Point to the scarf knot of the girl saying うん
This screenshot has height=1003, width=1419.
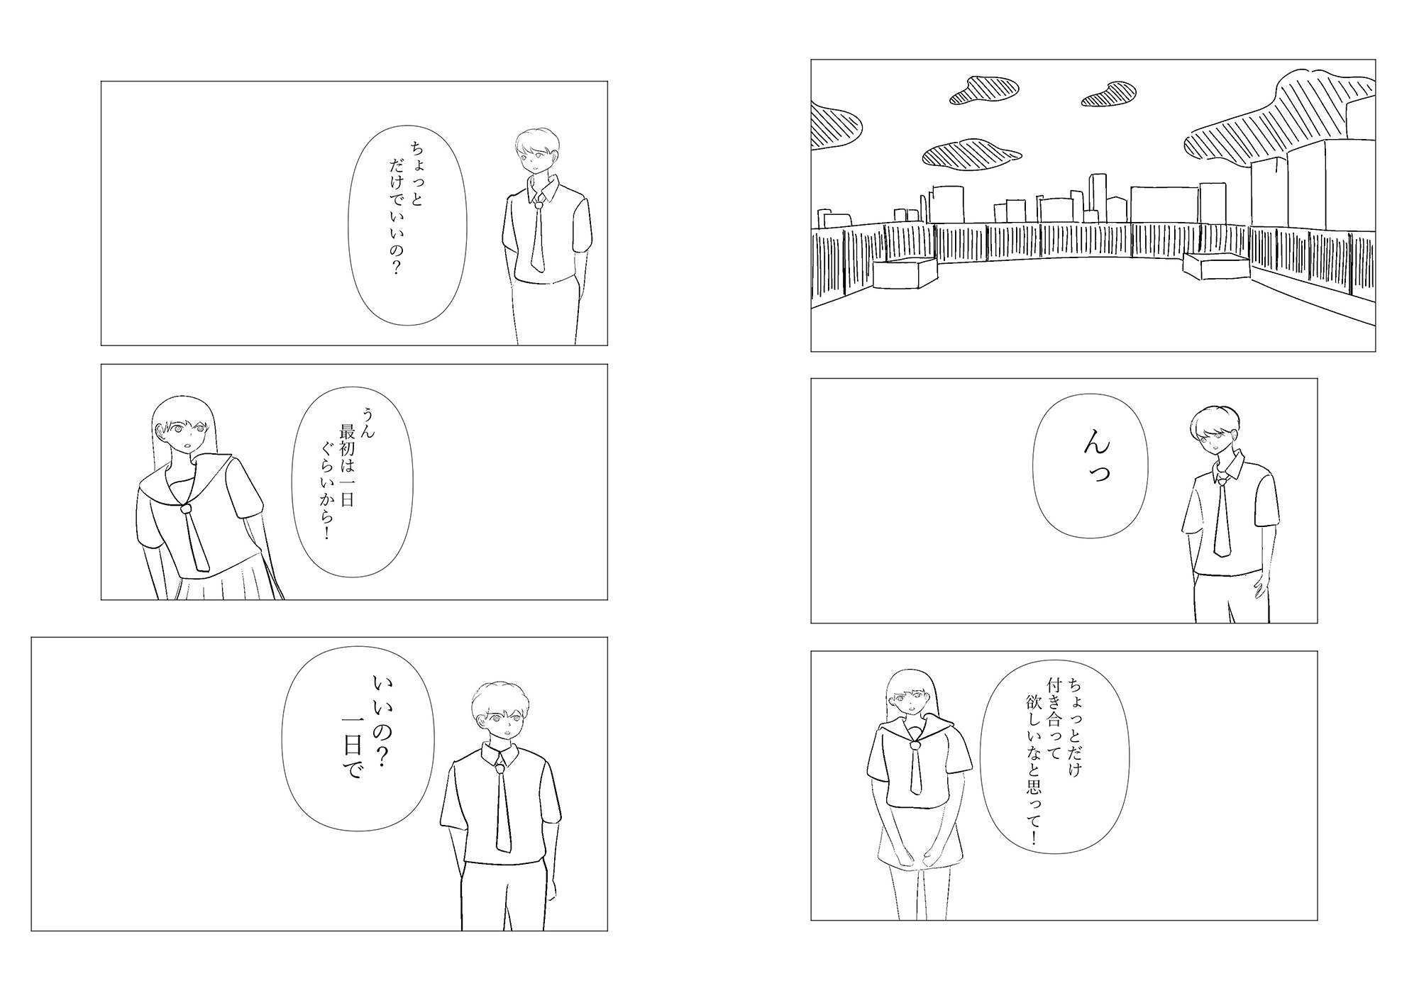pos(186,508)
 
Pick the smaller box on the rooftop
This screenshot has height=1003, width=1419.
pos(1216,266)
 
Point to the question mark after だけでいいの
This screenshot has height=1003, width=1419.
pos(396,268)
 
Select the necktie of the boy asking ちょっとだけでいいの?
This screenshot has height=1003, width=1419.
pos(539,238)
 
